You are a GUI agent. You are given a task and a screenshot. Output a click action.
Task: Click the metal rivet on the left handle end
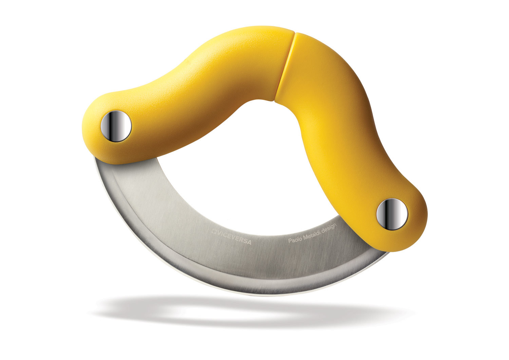click(x=116, y=126)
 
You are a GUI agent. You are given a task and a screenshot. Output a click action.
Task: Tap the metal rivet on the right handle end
click(x=392, y=214)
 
